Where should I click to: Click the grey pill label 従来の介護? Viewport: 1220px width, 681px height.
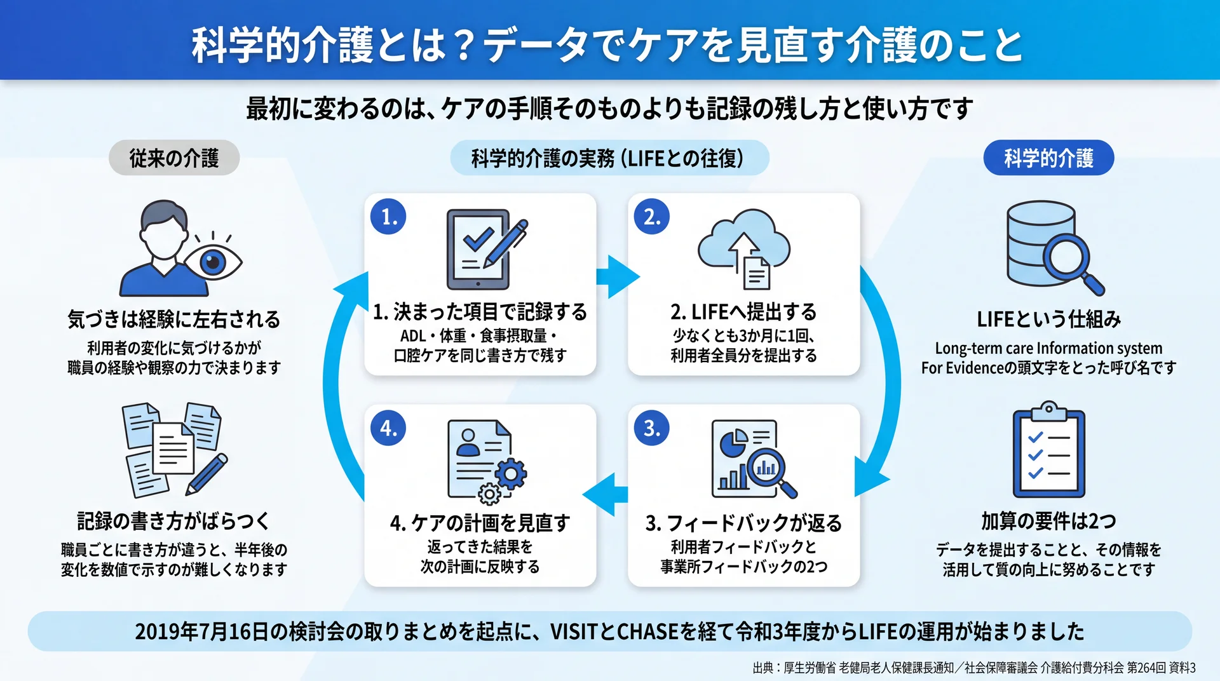[x=174, y=158]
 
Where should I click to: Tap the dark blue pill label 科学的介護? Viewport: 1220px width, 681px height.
[x=1048, y=158]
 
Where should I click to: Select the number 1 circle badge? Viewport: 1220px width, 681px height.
[x=388, y=217]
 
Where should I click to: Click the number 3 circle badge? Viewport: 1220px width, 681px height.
[x=652, y=428]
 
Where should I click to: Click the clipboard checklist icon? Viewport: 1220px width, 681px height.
[x=1048, y=449]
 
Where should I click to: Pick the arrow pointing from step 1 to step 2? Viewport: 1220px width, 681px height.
[x=618, y=276]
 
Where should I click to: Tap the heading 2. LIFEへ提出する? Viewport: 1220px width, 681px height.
[x=743, y=312]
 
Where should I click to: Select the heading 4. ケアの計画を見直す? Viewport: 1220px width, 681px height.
[x=480, y=523]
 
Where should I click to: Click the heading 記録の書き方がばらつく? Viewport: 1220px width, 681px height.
[x=173, y=521]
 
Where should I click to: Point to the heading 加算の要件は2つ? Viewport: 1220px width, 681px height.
[x=1048, y=521]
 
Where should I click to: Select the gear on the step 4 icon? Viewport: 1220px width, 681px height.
[x=511, y=474]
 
